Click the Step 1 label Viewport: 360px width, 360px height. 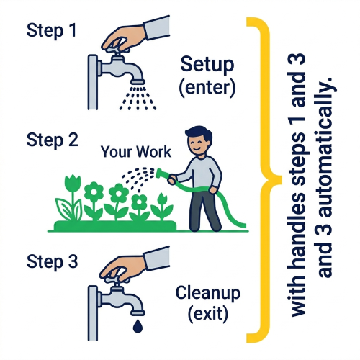(x=51, y=30)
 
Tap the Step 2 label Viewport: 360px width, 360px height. (x=53, y=140)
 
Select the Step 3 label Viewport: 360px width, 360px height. (x=53, y=261)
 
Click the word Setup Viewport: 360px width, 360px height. (x=207, y=66)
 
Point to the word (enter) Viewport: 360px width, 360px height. (x=207, y=87)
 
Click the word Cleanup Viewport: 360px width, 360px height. (x=208, y=294)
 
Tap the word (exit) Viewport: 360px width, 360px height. (x=208, y=314)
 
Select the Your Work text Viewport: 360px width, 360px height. (x=136, y=152)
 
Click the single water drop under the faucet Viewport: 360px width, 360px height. (x=138, y=326)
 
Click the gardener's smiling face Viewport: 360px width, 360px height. (x=197, y=145)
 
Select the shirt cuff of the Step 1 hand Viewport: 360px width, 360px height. (x=157, y=27)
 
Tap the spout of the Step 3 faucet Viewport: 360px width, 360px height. (x=138, y=312)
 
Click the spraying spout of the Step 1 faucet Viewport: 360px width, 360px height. (x=138, y=81)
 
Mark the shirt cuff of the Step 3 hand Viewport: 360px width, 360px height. (x=158, y=258)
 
